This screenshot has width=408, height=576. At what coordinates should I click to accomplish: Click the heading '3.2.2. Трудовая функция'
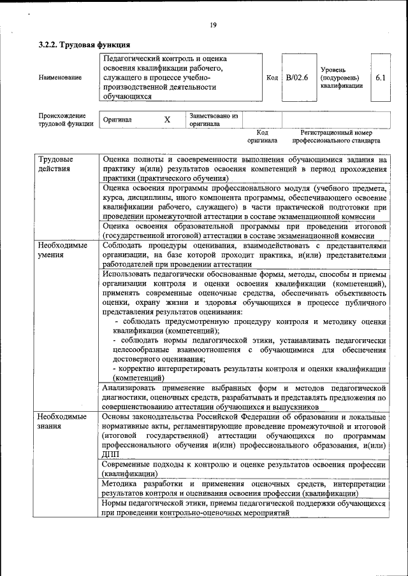pos(84,45)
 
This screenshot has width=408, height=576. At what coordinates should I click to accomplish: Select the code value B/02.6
pos(296,78)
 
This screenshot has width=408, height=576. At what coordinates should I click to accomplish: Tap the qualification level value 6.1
pos(381,78)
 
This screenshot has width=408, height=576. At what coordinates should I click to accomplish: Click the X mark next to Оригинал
pos(167,120)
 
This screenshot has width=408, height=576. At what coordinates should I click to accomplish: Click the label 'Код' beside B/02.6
pos(272,78)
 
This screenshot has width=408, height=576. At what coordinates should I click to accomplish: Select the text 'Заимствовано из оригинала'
pos(213,120)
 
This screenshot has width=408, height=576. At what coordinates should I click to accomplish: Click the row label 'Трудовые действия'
pos(55,164)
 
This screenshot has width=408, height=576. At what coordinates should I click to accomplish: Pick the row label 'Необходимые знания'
pos(61,421)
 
